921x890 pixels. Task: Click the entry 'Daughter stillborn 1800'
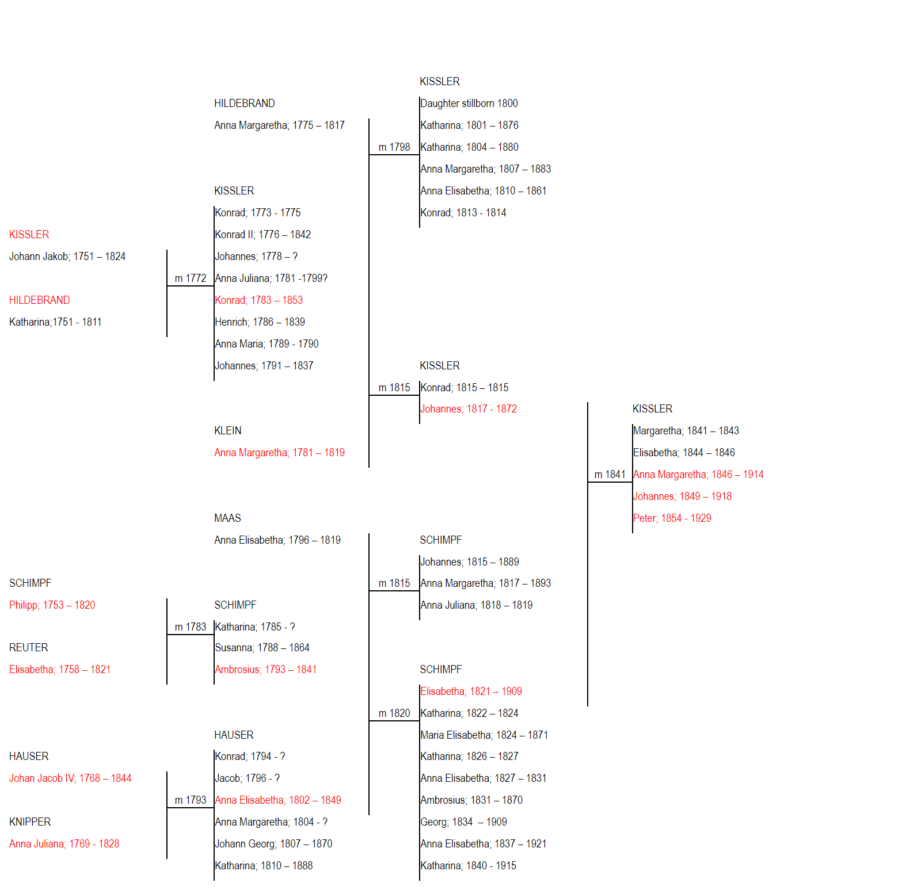point(469,104)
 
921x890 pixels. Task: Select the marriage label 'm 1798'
point(394,147)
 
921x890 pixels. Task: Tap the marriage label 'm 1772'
point(191,278)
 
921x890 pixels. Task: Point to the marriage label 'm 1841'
point(610,475)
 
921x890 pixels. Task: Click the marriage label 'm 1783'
point(191,627)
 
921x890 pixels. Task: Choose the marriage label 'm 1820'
point(394,713)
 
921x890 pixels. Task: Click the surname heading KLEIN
point(228,431)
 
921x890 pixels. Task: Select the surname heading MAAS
point(227,518)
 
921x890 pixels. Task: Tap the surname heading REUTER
point(29,648)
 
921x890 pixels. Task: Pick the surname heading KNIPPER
point(30,822)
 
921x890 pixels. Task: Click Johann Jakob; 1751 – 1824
point(67,257)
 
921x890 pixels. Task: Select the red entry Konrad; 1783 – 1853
point(259,300)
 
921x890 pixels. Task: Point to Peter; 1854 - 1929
point(672,518)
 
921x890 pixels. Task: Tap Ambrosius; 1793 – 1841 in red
point(266,670)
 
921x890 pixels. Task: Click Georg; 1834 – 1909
point(464,822)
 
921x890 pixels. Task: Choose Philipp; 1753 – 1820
point(52,605)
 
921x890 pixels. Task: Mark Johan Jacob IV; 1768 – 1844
point(70,778)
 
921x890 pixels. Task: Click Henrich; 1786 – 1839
point(260,322)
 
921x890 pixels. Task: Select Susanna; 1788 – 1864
point(262,648)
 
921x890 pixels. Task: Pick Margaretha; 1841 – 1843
point(686,431)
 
